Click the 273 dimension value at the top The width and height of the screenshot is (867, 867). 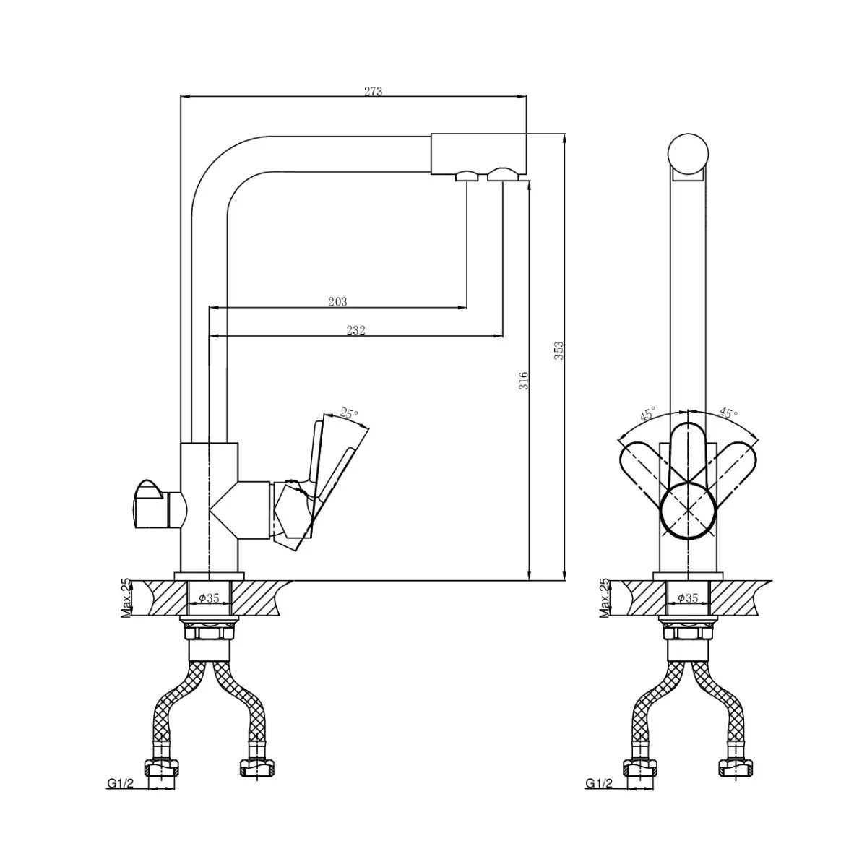tap(373, 91)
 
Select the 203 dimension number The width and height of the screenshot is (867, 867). tap(337, 301)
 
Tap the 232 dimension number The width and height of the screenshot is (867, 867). tap(355, 330)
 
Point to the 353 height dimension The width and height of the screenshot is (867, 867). tap(558, 350)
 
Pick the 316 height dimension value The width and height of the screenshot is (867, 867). tap(523, 381)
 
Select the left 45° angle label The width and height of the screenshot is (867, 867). tap(648, 413)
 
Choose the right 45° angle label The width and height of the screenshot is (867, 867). tap(728, 412)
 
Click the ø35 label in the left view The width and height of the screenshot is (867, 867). tap(209, 598)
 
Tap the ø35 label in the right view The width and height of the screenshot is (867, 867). tap(688, 598)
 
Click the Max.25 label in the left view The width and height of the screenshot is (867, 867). tap(126, 598)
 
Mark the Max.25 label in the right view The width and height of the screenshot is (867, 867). tap(604, 598)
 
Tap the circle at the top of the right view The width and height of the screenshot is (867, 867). tap(688, 153)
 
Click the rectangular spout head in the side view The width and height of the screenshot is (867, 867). tap(478, 154)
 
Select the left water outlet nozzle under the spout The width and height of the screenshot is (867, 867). tap(467, 176)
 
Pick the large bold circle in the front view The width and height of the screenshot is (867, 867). tap(688, 512)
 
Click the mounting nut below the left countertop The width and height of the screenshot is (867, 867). tap(209, 629)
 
